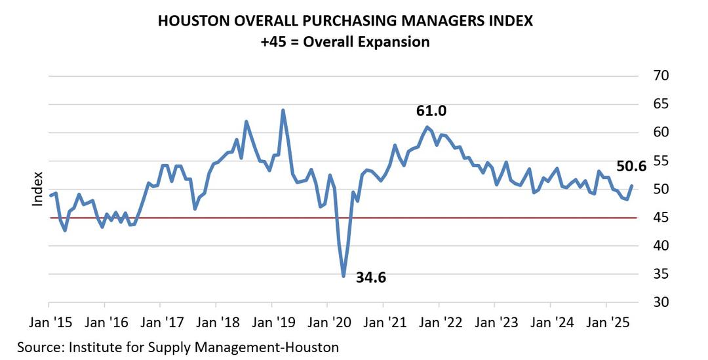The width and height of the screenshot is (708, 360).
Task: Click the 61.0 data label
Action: pyautogui.click(x=431, y=111)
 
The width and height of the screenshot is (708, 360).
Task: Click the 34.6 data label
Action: pyautogui.click(x=371, y=277)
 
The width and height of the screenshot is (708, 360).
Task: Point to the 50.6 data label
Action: pyautogui.click(x=631, y=167)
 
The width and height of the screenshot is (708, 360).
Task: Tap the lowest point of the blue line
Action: pyautogui.click(x=344, y=276)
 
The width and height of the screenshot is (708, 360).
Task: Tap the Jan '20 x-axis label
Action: pyautogui.click(x=326, y=323)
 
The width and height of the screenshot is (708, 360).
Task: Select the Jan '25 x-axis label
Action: pyautogui.click(x=605, y=323)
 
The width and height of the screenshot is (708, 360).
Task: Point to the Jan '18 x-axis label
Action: pyautogui.click(x=216, y=323)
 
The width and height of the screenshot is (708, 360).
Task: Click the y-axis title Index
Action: pyautogui.click(x=37, y=189)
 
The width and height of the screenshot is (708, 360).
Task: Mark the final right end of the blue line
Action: pyautogui.click(x=632, y=186)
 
